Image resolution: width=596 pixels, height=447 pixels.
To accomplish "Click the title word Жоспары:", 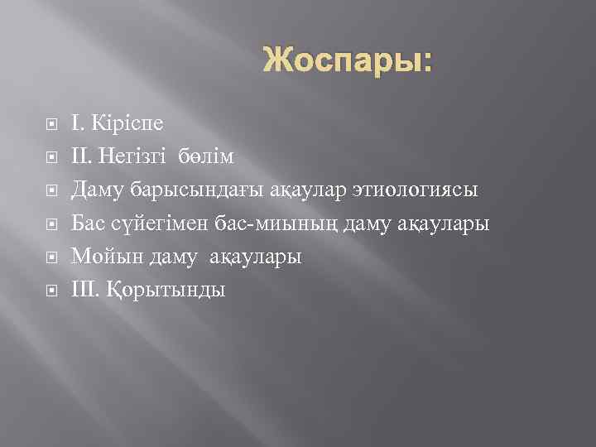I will click(x=348, y=60).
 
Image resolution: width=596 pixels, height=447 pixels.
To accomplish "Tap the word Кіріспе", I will click(x=128, y=123).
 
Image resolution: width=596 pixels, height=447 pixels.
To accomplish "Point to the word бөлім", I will click(x=208, y=156).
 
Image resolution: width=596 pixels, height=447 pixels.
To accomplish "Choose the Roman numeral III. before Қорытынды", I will click(x=86, y=290).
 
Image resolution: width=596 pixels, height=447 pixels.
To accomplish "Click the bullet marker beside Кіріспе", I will click(x=52, y=125).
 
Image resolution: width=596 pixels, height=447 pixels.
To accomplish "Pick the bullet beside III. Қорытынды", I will click(x=52, y=291).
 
